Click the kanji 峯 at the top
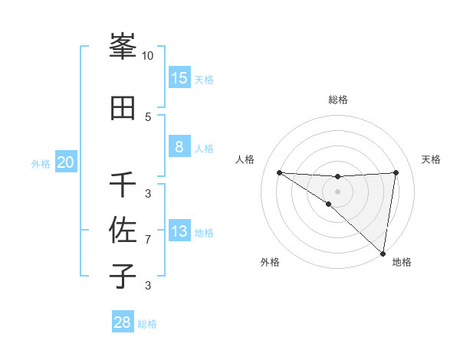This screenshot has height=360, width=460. (x=123, y=47)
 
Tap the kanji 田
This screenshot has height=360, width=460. (x=123, y=108)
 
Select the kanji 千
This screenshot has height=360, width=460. (x=123, y=185)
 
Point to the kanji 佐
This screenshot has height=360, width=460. (x=123, y=230)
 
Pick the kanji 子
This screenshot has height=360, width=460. (x=123, y=276)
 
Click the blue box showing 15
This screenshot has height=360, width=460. (x=179, y=77)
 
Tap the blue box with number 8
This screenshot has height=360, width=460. (x=179, y=147)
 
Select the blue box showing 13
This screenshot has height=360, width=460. (x=179, y=231)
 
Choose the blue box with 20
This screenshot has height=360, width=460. (x=66, y=162)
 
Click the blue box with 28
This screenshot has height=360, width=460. (x=123, y=322)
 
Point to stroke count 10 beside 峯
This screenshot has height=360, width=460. (x=148, y=56)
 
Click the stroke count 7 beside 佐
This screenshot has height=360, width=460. (x=148, y=240)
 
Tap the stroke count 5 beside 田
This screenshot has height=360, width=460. (x=148, y=116)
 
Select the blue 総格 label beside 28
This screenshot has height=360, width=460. (x=147, y=324)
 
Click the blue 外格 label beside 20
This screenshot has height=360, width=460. (x=41, y=163)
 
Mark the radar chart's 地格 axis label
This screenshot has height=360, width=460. (x=402, y=262)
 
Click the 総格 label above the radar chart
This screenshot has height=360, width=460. (x=337, y=100)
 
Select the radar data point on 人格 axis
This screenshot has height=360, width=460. (x=279, y=172)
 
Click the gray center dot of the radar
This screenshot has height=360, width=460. (x=337, y=191)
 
